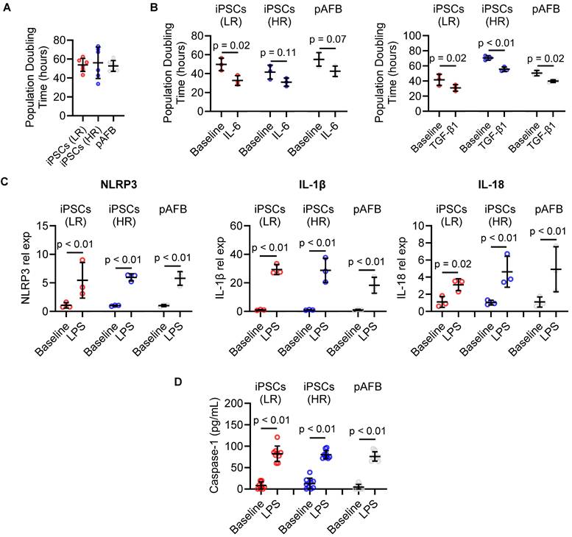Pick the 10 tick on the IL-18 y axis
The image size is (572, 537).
tap(425, 225)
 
